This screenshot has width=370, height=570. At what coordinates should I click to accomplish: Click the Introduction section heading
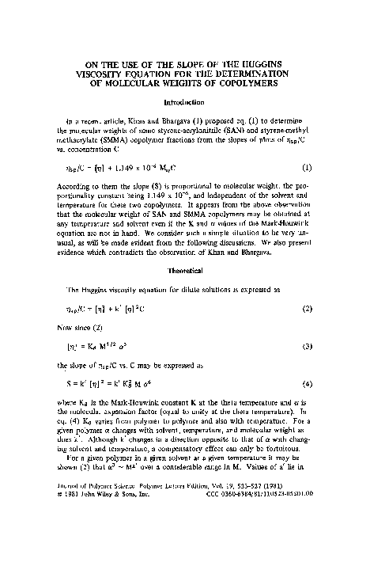[x=184, y=103]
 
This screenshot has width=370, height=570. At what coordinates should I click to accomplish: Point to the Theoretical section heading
[x=184, y=269]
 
